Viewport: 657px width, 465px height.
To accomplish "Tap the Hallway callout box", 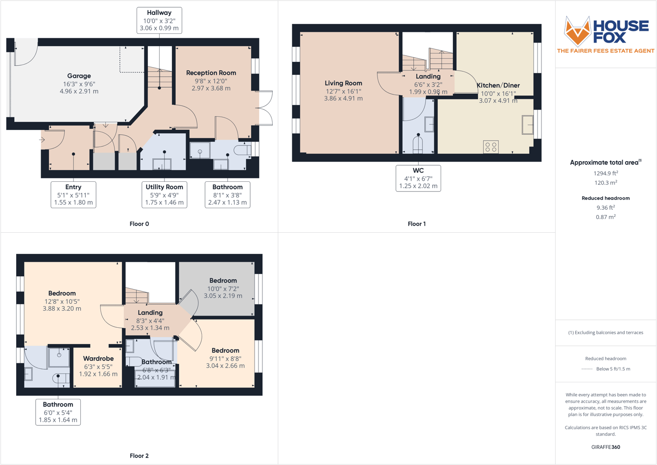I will [x=159, y=21].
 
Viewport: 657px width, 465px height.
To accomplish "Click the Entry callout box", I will [x=73, y=195].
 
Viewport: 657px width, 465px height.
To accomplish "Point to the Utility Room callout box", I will [x=164, y=195].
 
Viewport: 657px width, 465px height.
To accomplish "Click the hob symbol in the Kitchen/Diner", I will [x=491, y=147].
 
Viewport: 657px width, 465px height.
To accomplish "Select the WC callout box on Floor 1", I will [x=418, y=178].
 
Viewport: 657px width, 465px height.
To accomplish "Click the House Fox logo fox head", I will [x=577, y=31].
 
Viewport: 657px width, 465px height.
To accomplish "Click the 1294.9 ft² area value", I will [x=605, y=173].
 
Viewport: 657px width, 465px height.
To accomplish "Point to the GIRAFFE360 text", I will [x=606, y=447].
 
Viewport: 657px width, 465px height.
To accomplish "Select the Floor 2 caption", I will [x=139, y=456].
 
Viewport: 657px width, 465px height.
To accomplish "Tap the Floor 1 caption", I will [x=417, y=224].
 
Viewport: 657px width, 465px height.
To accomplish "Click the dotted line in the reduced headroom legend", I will [x=587, y=369].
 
